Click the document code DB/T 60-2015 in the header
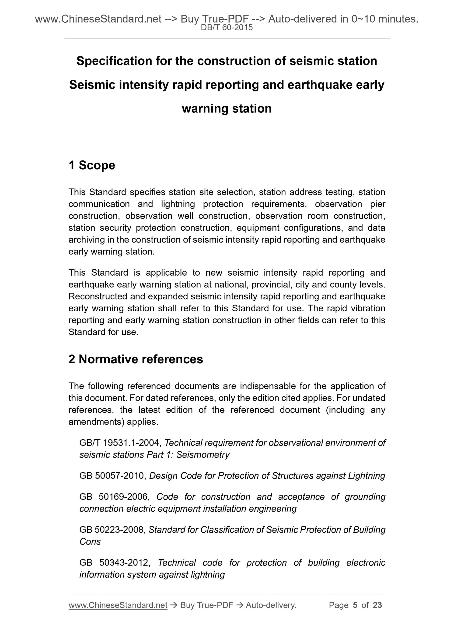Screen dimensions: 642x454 [x=227, y=28]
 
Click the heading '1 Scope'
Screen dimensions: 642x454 [x=92, y=165]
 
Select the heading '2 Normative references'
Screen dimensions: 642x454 [x=136, y=359]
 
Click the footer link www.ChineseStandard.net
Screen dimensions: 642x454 [x=118, y=605]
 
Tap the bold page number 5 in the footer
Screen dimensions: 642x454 [x=355, y=605]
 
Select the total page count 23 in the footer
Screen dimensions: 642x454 [x=377, y=605]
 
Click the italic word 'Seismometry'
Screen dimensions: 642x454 [x=203, y=455]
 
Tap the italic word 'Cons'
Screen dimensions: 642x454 [x=90, y=542]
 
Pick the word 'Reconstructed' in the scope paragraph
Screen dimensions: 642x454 [x=100, y=296]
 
